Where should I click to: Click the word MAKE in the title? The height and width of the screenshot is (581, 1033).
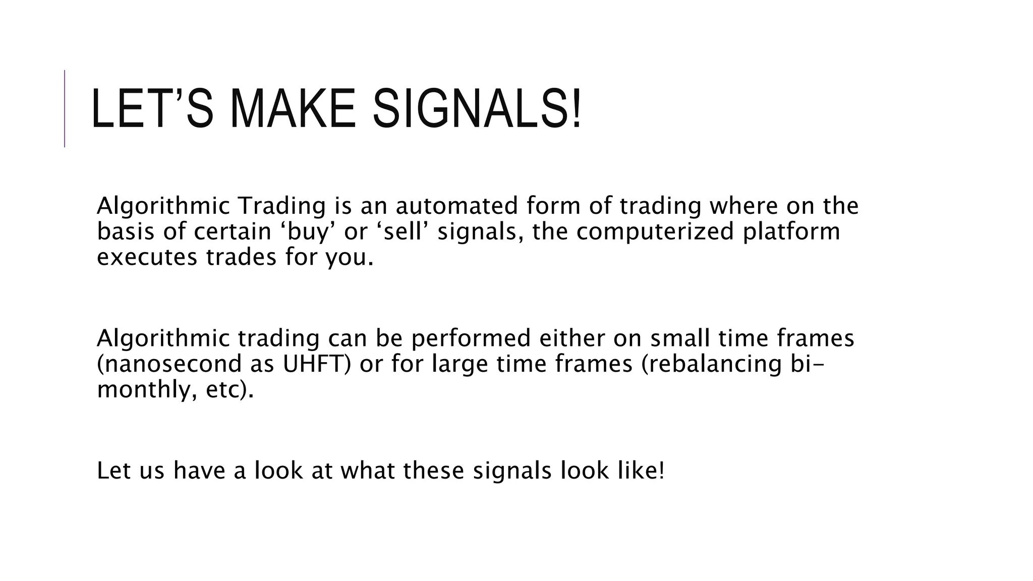point(293,108)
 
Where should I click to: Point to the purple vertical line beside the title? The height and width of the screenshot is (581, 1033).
point(65,108)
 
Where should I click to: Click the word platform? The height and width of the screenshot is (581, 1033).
point(791,232)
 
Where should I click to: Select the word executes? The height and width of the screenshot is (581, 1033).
point(147,257)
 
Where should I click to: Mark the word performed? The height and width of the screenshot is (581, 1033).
point(471,338)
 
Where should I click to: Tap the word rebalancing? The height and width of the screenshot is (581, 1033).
point(707,364)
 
